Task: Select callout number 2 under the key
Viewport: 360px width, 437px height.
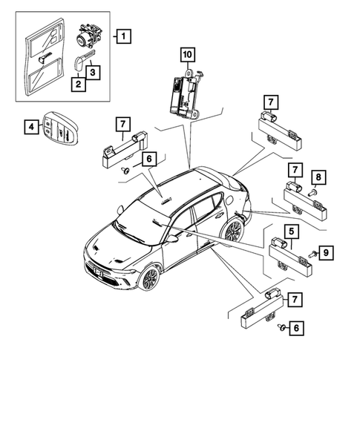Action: tap(77, 85)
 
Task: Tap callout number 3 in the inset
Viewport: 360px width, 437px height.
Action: tap(91, 72)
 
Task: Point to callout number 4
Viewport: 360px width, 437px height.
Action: tap(30, 128)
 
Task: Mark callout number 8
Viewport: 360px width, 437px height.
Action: tap(318, 177)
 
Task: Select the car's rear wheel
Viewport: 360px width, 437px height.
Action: tap(233, 230)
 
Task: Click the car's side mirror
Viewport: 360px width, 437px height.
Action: tap(172, 238)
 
